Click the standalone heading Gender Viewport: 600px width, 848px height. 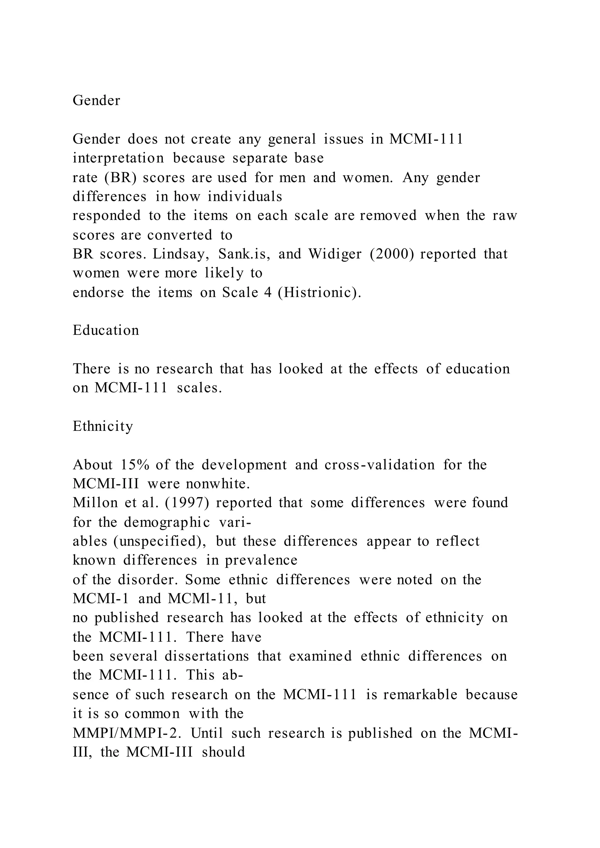pos(96,100)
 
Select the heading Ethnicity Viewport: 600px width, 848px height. pos(103,426)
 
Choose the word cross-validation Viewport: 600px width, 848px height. pos(379,465)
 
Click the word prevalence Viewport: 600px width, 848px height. pos(261,560)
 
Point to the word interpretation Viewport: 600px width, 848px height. pos(118,158)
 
